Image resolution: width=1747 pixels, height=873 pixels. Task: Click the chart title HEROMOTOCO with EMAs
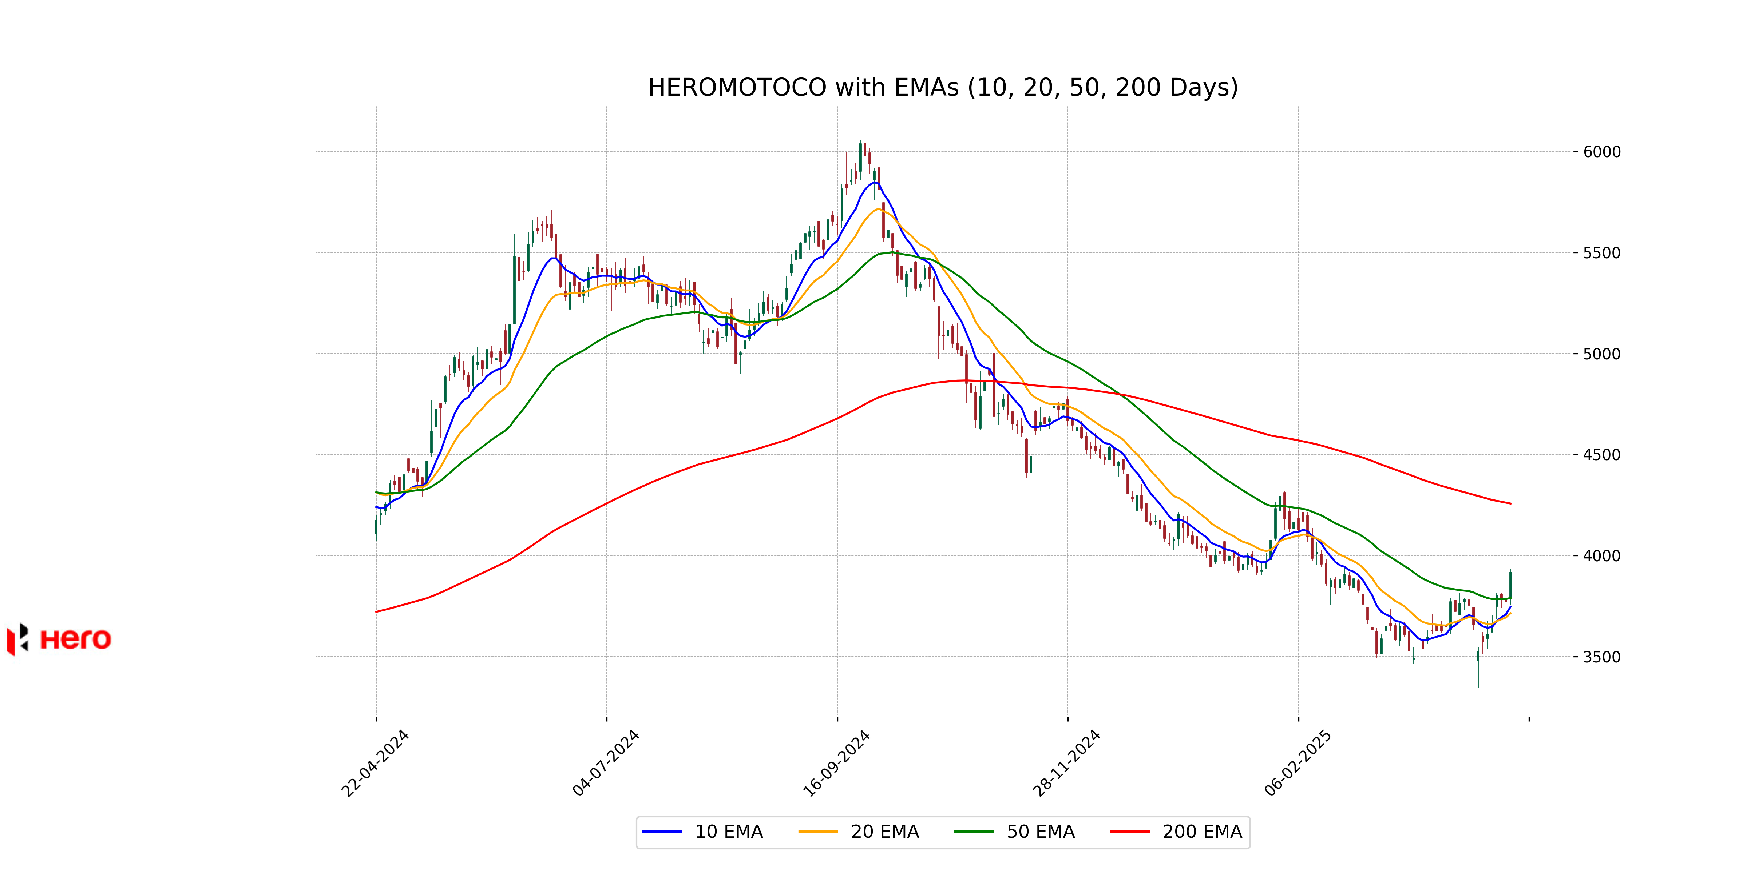943,87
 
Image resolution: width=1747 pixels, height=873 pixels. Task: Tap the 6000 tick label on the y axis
1602,152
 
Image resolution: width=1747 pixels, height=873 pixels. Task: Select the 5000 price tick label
1602,354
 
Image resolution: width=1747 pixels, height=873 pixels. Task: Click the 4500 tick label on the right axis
1602,455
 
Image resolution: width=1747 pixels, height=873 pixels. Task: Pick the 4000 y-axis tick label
1602,556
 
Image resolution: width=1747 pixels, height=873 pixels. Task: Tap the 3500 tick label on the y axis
1602,657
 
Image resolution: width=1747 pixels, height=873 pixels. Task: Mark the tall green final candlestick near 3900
1510,584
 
